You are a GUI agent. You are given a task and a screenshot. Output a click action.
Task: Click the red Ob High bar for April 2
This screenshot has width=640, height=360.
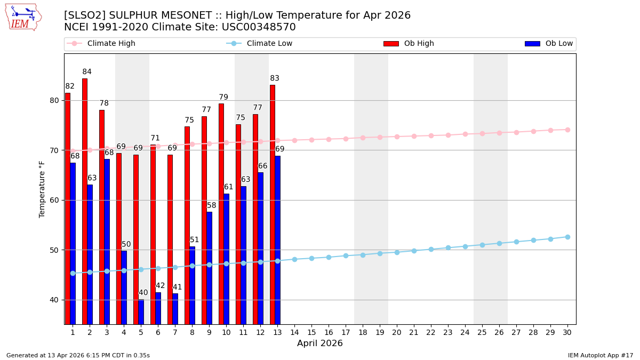tap(85, 201)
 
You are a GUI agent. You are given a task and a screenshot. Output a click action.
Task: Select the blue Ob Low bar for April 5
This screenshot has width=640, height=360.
tap(141, 312)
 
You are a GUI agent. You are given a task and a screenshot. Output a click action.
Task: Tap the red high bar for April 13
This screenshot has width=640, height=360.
tap(273, 204)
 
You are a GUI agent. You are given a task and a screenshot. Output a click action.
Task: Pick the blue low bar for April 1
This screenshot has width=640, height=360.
tap(73, 243)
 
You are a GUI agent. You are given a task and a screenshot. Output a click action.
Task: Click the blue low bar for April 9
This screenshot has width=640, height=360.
tap(210, 268)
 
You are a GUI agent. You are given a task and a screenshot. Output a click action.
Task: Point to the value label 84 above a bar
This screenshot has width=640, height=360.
tap(87, 72)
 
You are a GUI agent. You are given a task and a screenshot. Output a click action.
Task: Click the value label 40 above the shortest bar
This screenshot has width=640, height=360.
tap(143, 293)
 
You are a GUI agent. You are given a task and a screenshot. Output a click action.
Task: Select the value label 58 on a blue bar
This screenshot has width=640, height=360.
tap(212, 205)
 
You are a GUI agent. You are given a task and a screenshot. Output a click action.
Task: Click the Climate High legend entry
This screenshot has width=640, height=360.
tap(111, 44)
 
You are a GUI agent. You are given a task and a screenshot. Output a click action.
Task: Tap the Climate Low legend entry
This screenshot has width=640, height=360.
tap(269, 44)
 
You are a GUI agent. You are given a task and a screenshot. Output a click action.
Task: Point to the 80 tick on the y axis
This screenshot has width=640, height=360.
tap(54, 100)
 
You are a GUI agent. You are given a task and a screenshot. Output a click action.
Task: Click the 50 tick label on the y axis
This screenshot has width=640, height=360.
tap(54, 250)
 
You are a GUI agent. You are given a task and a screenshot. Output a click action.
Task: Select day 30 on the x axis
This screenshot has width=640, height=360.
tap(567, 332)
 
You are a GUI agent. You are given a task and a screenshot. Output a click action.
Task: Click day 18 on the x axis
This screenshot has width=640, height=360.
tap(363, 332)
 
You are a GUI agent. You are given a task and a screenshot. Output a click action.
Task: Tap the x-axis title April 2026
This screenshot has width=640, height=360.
tap(320, 343)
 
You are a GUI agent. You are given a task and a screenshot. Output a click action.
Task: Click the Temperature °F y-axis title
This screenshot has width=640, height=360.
tap(42, 189)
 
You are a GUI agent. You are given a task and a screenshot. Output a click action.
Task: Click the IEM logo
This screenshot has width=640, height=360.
tap(23, 17)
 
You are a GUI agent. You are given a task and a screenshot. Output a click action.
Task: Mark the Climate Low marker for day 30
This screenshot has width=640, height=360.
tap(567, 237)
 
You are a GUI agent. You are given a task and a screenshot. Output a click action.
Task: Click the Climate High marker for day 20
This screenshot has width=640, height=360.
tap(397, 137)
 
